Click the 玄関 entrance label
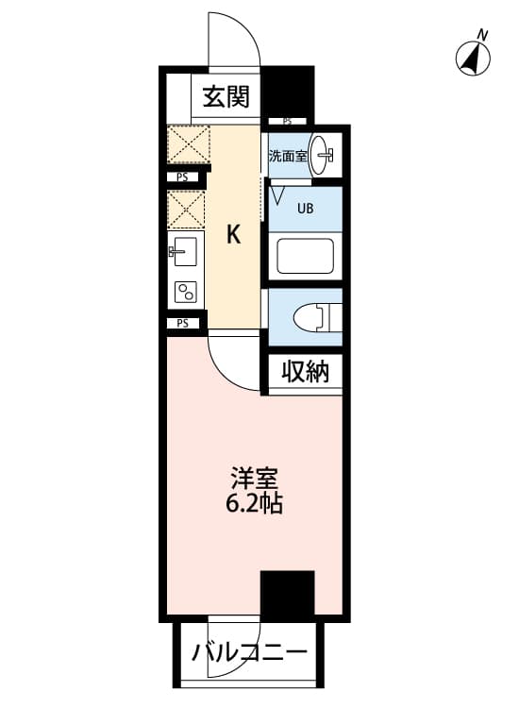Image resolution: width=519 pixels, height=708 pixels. (x=226, y=96)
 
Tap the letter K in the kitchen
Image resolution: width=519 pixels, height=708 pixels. (x=233, y=235)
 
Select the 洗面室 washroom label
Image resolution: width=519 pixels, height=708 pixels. (x=288, y=156)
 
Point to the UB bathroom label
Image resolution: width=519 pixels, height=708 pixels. (x=305, y=209)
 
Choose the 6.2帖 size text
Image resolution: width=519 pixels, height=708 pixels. (x=254, y=503)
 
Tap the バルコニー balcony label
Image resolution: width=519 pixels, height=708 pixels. (x=249, y=652)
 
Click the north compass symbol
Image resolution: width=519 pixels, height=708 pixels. (x=473, y=56)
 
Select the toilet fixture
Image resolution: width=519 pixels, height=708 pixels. (x=312, y=317)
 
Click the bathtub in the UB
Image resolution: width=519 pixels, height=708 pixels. (x=306, y=256)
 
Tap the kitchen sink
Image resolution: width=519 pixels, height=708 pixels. (x=185, y=251)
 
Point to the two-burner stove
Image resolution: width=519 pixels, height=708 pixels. (x=186, y=292)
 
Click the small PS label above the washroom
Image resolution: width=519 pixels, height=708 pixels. (x=287, y=121)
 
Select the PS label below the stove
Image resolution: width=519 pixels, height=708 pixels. (x=182, y=323)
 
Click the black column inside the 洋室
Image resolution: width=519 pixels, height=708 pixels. (x=288, y=594)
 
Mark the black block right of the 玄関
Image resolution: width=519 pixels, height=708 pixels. (x=288, y=92)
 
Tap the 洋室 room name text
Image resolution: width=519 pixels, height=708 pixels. (x=254, y=479)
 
